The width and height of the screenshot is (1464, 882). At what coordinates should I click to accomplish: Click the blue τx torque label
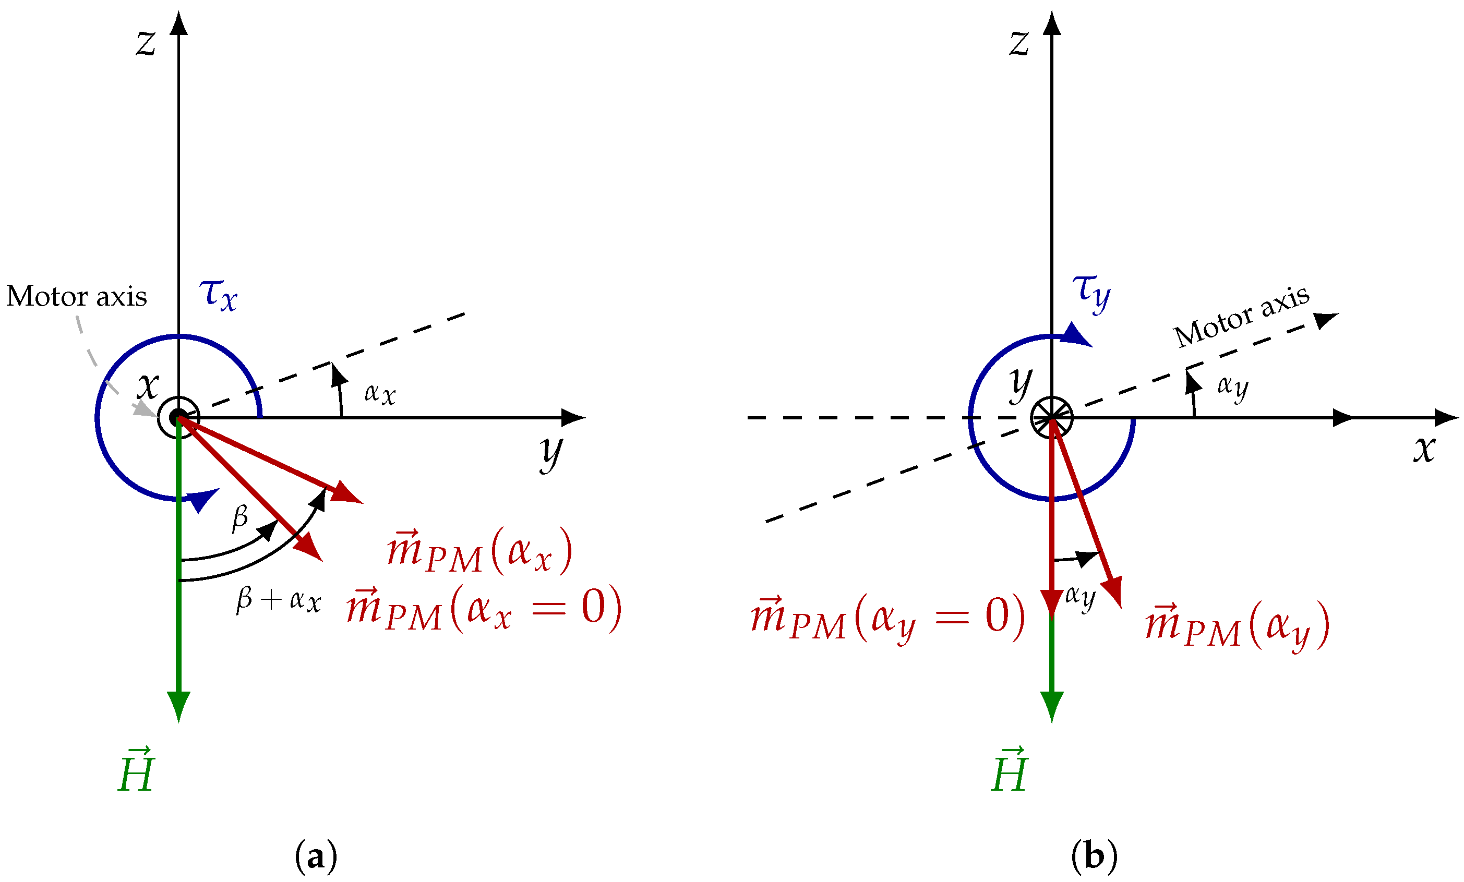tap(218, 294)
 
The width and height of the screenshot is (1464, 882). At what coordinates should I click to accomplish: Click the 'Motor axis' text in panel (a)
tap(77, 296)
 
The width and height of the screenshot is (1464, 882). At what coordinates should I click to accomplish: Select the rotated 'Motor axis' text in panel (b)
tap(1242, 316)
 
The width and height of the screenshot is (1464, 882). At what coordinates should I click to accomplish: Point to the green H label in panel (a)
tap(136, 770)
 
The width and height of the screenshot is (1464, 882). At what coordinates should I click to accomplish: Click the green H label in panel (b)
tap(1010, 770)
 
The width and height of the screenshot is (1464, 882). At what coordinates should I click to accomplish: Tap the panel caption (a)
tap(316, 856)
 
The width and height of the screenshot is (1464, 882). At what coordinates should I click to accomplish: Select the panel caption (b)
tap(1094, 856)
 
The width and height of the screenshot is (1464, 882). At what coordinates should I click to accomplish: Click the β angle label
tap(240, 517)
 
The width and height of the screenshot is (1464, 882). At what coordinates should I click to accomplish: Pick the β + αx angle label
tap(279, 600)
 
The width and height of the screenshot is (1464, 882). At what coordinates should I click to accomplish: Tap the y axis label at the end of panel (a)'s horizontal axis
tap(551, 453)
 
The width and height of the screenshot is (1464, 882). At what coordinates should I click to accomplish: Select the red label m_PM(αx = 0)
tap(484, 608)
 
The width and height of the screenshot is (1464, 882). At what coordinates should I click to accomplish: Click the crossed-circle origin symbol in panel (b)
tap(1051, 418)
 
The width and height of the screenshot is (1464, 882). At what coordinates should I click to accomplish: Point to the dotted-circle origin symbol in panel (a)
tap(178, 418)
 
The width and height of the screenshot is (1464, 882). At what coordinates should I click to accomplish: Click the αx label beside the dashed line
tap(380, 394)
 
